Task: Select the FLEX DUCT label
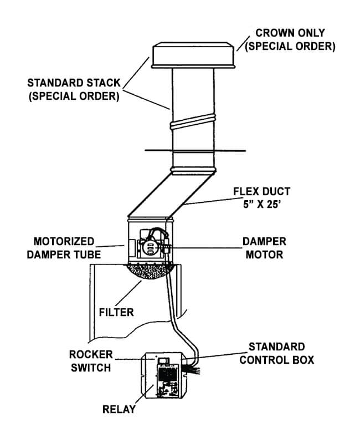pos(262,191)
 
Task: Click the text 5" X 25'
pos(262,204)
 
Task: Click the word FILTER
pos(116,312)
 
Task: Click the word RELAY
pos(119,410)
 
